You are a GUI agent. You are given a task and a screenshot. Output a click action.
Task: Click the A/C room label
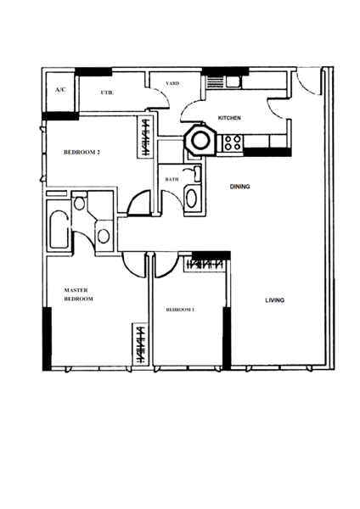60,90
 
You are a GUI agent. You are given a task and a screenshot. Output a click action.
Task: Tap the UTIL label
107,92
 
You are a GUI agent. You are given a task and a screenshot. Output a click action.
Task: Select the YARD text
172,83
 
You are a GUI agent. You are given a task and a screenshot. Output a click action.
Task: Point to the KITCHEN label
229,118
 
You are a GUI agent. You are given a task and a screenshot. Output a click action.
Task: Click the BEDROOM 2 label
82,152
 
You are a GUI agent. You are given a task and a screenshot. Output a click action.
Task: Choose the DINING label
239,187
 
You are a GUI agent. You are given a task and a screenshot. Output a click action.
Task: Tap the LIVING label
275,300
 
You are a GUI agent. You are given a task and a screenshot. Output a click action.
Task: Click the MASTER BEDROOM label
79,294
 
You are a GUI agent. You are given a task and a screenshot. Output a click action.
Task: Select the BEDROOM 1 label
180,310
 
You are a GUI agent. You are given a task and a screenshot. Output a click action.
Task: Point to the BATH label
172,179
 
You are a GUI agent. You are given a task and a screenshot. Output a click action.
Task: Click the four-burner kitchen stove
233,143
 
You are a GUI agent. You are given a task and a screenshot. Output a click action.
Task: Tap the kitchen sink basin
233,81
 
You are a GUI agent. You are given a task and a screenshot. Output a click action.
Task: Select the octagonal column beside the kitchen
199,140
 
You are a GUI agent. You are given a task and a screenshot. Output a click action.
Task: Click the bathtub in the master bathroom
59,230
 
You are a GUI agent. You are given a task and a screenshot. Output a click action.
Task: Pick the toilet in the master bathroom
79,203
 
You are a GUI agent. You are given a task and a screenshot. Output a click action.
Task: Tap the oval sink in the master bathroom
104,236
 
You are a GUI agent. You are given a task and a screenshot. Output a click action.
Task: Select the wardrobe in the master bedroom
140,344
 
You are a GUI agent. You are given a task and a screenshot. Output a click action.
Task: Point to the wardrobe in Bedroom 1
205,264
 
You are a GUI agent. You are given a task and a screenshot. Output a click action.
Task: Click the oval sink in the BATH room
191,199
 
